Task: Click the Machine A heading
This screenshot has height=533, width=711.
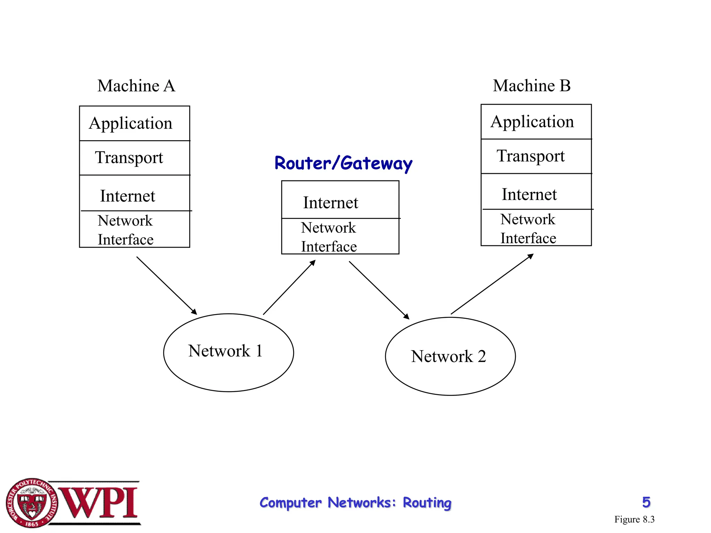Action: [136, 86]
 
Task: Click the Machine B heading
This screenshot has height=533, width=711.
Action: [532, 86]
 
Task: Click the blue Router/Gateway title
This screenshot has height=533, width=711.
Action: [343, 163]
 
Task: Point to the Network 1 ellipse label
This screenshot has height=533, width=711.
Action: [225, 351]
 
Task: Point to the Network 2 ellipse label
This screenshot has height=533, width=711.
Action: [449, 356]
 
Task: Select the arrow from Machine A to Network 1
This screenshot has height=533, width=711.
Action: [167, 286]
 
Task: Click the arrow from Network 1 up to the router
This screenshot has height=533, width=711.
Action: [289, 287]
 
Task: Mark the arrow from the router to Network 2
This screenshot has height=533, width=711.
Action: [379, 290]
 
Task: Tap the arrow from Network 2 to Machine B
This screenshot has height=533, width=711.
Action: [492, 284]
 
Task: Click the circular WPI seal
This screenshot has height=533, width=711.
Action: [32, 503]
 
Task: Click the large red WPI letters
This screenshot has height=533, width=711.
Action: [99, 503]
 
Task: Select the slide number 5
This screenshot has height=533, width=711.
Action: [646, 502]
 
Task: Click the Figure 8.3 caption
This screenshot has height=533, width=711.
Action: [634, 519]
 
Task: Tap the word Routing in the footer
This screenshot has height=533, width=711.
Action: [427, 503]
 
